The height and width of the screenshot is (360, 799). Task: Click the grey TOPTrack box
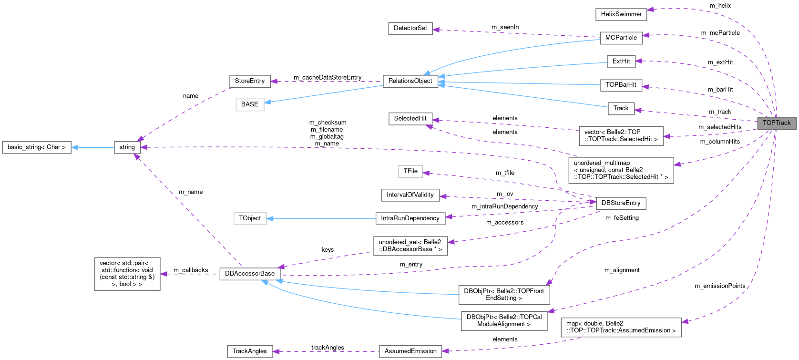tap(777, 123)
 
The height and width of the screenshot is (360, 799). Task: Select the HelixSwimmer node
tap(621, 14)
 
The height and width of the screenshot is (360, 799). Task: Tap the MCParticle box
tap(621, 38)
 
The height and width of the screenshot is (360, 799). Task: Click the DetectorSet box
tap(410, 28)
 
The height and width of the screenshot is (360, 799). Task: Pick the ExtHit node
tap(621, 61)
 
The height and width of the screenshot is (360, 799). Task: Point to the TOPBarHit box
tap(621, 85)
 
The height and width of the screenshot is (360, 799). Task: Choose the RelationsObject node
tap(410, 81)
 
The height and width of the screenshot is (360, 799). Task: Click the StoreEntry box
tap(249, 81)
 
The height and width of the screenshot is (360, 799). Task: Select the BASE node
tap(249, 104)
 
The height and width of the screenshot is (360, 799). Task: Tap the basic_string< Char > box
tap(37, 147)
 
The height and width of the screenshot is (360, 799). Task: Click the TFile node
tap(410, 171)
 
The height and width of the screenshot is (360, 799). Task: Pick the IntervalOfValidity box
tap(410, 195)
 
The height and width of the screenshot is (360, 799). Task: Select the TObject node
tap(250, 218)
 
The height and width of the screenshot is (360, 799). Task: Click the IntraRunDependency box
tap(410, 218)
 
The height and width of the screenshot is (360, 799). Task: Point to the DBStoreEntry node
tap(621, 203)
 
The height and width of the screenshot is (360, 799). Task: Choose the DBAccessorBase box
tap(250, 274)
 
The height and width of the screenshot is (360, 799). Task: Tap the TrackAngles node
tap(249, 351)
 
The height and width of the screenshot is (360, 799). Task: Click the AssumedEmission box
tap(410, 351)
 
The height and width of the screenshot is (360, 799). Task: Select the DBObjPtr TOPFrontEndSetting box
tap(504, 294)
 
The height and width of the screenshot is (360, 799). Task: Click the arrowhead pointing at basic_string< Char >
tap(74, 147)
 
